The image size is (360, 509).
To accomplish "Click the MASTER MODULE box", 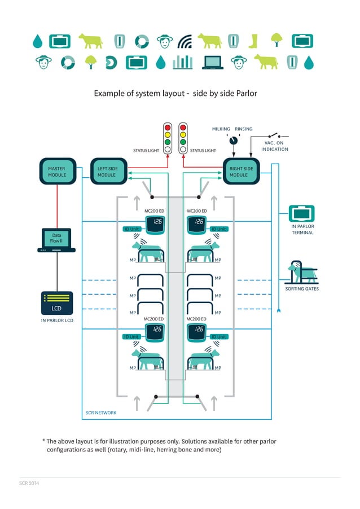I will pyautogui.click(x=56, y=172).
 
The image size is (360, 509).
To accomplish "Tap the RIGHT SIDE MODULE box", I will pyautogui.click(x=242, y=172).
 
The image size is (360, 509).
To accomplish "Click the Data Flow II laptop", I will pyautogui.click(x=56, y=240).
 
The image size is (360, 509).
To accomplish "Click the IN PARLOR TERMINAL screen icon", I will pyautogui.click(x=302, y=214).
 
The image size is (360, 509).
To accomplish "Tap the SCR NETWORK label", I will pyautogui.click(x=101, y=413).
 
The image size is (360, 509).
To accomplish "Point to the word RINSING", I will pyautogui.click(x=244, y=129).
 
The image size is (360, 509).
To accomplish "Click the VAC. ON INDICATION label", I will pyautogui.click(x=275, y=146).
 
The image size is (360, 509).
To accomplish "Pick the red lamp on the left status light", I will pyautogui.click(x=168, y=128).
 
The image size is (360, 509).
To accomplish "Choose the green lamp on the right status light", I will pyautogui.click(x=183, y=142).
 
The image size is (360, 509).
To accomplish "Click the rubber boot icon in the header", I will pyautogui.click(x=253, y=41).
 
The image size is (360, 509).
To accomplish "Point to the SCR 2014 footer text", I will pyautogui.click(x=29, y=484).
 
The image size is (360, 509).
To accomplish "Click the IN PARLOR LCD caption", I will pyautogui.click(x=56, y=321).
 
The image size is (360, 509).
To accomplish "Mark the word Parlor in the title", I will pyautogui.click(x=245, y=93).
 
